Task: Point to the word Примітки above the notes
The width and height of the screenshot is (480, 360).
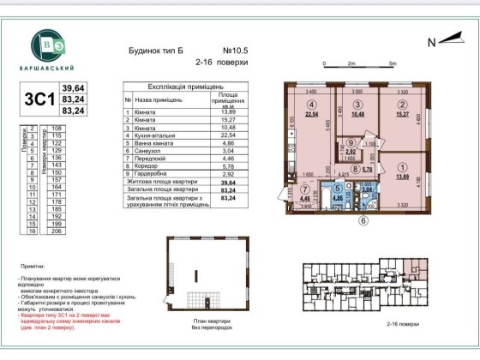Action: pos(32,269)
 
